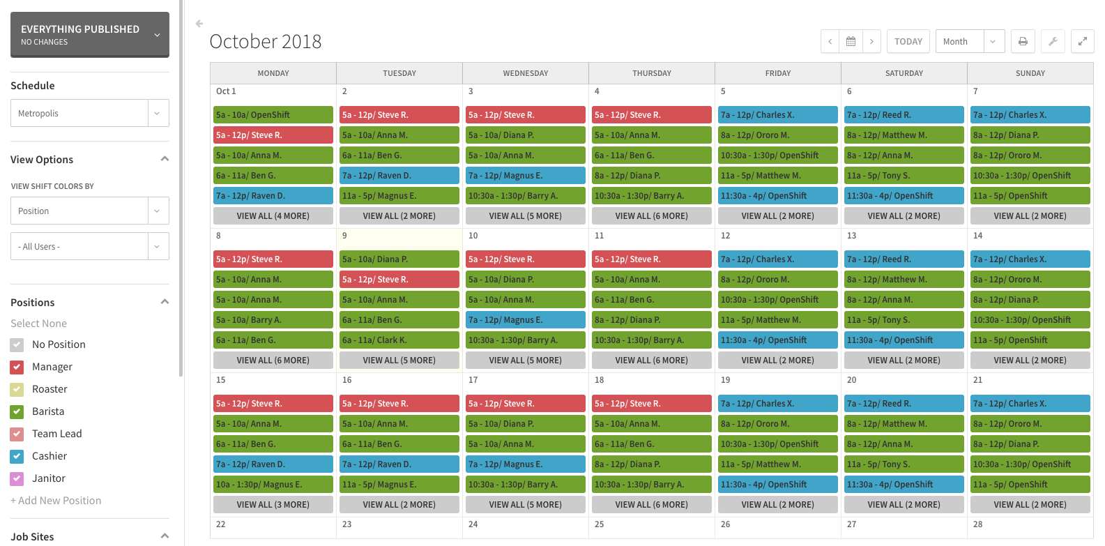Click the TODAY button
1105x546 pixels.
[908, 42]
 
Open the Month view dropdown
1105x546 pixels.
[969, 42]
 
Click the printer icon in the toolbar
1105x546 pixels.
[1023, 42]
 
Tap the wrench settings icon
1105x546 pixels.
[1053, 42]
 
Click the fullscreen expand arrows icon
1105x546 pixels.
[1082, 42]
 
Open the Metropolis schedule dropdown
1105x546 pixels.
[89, 113]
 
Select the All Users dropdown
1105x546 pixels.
[89, 246]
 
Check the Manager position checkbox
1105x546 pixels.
[17, 367]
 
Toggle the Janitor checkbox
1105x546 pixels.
[17, 478]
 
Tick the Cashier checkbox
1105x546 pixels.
[17, 456]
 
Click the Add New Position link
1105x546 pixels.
[56, 501]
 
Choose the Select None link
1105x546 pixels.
[39, 324]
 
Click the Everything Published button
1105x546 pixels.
[89, 34]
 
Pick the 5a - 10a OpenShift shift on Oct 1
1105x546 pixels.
[273, 115]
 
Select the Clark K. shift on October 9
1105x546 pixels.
[399, 340]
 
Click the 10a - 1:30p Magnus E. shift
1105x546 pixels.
[273, 485]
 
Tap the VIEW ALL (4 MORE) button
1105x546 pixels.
[273, 216]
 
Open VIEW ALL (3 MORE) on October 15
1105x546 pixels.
[273, 505]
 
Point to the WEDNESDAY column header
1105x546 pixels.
[526, 73]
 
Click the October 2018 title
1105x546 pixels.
[266, 42]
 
